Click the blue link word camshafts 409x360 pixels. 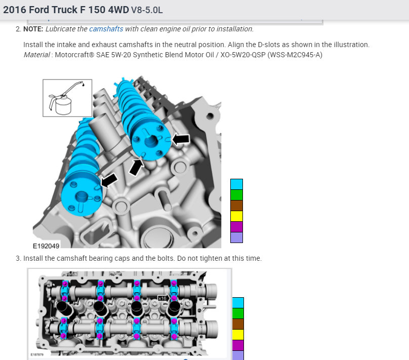106,29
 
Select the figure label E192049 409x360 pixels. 46,246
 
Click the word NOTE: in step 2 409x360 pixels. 33,29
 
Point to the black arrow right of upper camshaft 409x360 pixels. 181,139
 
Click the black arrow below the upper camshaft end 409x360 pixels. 137,167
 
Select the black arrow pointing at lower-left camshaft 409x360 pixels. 109,180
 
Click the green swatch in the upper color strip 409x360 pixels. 236,195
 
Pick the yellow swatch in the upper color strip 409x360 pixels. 236,216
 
